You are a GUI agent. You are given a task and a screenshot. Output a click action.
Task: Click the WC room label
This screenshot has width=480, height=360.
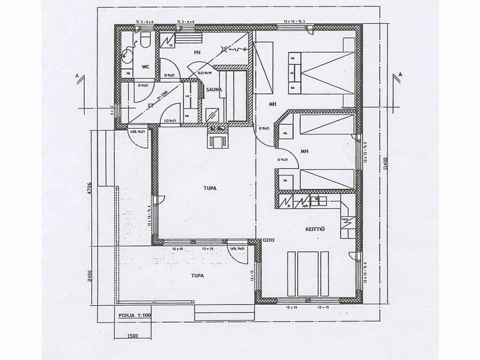click(146, 66)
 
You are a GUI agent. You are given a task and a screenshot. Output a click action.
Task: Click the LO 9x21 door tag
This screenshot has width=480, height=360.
click(170, 121)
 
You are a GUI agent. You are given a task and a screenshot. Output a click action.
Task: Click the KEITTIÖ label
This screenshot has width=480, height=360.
click(315, 229)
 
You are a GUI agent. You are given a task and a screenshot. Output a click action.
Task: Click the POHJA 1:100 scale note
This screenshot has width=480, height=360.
click(134, 315)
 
